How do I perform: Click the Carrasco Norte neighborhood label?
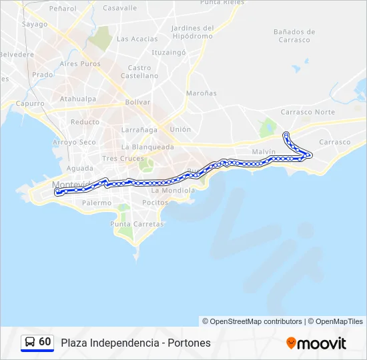pos(308,112)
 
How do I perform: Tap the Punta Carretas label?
pos(137,224)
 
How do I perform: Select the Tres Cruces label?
pos(123,158)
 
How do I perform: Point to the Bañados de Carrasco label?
pos(294,35)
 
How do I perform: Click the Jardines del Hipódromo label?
pos(192,33)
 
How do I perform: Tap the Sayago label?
pos(35,25)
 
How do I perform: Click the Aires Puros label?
pos(79,64)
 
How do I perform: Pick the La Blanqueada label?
pos(147,147)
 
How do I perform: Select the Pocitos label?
pos(155,202)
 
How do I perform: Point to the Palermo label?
pos(97,202)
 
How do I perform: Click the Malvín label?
pos(264,152)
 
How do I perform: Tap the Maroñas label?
pos(202,93)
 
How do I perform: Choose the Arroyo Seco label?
pos(74,142)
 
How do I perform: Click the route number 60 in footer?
pos(45,341)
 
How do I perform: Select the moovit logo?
pos(316,343)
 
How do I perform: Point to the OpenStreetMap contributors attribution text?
pos(256,321)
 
